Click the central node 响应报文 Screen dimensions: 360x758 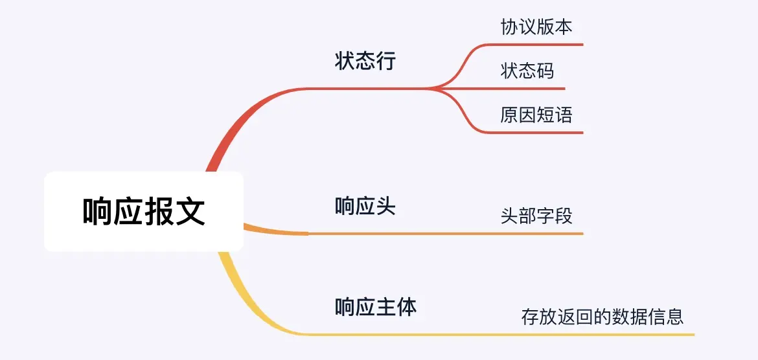pyautogui.click(x=144, y=211)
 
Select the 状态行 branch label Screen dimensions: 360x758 pyautogui.click(x=365, y=61)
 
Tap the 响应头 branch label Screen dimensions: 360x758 pyautogui.click(x=365, y=207)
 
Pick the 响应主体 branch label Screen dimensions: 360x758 pyautogui.click(x=376, y=306)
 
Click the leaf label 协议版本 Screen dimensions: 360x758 pyautogui.click(x=536, y=27)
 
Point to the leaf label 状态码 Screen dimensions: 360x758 pyautogui.click(x=527, y=71)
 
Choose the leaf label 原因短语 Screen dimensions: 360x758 pyautogui.click(x=536, y=115)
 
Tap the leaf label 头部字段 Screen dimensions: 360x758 pyautogui.click(x=536, y=216)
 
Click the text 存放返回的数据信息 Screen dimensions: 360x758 pyautogui.click(x=603, y=317)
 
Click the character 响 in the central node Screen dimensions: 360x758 pyautogui.click(x=98, y=211)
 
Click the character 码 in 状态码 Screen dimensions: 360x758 pyautogui.click(x=546, y=71)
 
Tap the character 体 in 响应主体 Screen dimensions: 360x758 pyautogui.click(x=407, y=306)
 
